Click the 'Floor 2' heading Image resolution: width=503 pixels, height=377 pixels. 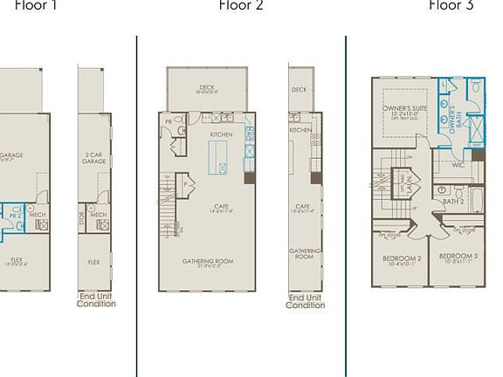pyautogui.click(x=240, y=6)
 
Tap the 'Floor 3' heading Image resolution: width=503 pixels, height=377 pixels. pyautogui.click(x=451, y=6)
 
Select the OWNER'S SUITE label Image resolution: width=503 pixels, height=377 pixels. pyautogui.click(x=403, y=110)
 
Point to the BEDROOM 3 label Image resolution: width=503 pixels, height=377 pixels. pyautogui.click(x=458, y=257)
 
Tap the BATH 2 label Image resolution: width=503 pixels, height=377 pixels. pyautogui.click(x=453, y=202)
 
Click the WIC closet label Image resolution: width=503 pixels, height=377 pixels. pyautogui.click(x=458, y=164)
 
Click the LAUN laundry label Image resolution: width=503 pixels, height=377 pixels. pyautogui.click(x=408, y=186)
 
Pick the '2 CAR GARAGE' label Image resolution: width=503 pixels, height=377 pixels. pyautogui.click(x=93, y=159)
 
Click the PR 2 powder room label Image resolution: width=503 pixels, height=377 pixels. pyautogui.click(x=15, y=215)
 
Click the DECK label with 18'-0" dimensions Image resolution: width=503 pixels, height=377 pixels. pyautogui.click(x=206, y=89)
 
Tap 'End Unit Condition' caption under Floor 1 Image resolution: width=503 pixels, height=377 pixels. pyautogui.click(x=96, y=301)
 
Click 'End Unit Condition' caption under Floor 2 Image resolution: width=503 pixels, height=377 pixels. pyautogui.click(x=306, y=302)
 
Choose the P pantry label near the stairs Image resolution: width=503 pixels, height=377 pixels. pyautogui.click(x=186, y=185)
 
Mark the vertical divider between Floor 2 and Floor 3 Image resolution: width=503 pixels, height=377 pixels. pyautogui.click(x=346, y=201)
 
